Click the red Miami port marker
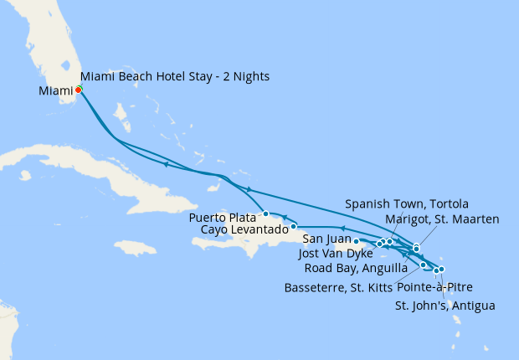tap(78, 90)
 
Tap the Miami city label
tap(55, 90)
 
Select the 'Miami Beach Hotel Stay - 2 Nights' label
tap(175, 77)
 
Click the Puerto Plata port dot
tap(265, 213)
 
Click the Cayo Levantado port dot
tap(293, 226)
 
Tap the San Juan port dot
tap(357, 241)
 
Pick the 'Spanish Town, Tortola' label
tap(407, 204)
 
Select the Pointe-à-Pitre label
tap(446, 285)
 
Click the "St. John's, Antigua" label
tap(444, 305)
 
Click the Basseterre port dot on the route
tap(424, 265)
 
